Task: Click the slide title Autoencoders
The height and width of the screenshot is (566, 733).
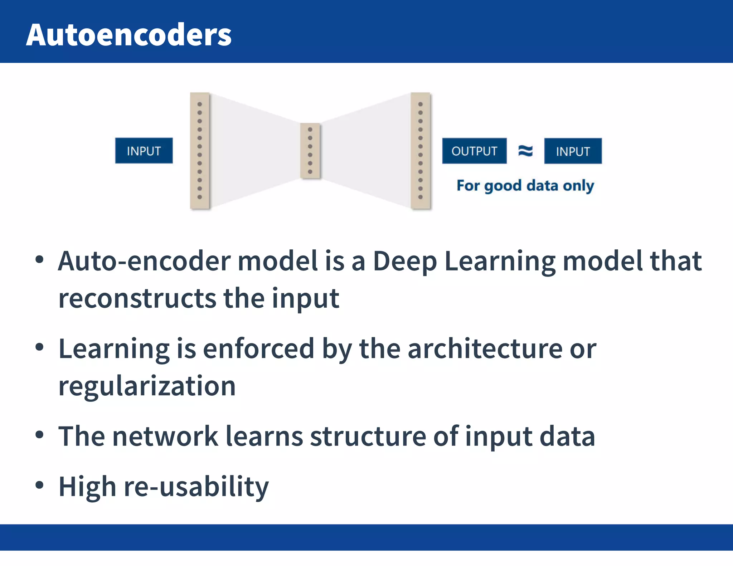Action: [x=129, y=35]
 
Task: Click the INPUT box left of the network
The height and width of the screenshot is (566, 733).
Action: [x=144, y=151]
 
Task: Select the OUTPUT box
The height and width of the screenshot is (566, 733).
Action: [x=474, y=151]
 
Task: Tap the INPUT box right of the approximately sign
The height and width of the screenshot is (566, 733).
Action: [x=573, y=151]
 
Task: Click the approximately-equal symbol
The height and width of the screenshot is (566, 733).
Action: [x=525, y=151]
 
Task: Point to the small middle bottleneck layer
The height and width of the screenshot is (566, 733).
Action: [x=310, y=151]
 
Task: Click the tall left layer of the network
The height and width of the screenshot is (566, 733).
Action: [x=200, y=151]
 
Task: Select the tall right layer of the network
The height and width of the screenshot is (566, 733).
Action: [x=421, y=151]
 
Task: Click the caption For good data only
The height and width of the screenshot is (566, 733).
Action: [x=525, y=186]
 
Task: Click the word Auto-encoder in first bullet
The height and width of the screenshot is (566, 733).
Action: [x=144, y=261]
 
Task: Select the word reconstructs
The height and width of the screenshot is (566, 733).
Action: [x=137, y=298]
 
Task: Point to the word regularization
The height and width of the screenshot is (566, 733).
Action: [x=147, y=387]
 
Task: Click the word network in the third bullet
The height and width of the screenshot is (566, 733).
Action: [x=165, y=436]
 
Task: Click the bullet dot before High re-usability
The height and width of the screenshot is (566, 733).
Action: [x=39, y=485]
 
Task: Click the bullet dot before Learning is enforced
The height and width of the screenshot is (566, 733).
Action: [x=39, y=347]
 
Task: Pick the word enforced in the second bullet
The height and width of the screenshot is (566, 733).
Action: [x=258, y=349]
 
